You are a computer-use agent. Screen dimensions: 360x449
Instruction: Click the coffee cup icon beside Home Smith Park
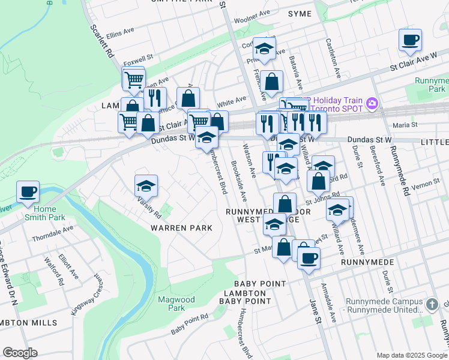[x=28, y=192]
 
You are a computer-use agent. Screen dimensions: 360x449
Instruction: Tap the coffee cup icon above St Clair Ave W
[x=410, y=40]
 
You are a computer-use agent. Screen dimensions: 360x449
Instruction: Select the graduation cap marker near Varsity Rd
[x=146, y=186]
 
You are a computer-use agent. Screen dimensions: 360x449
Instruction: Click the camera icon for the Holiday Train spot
[x=372, y=103]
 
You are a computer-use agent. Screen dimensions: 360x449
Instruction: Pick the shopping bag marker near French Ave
[x=272, y=82]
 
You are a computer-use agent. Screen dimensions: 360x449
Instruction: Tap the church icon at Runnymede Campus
[x=432, y=305]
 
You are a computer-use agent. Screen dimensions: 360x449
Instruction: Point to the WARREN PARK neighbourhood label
[x=181, y=228]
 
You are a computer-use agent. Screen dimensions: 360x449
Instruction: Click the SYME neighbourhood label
[x=300, y=14]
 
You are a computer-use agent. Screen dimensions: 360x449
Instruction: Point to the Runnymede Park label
[x=431, y=84]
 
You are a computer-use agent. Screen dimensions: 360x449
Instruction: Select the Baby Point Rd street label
[x=189, y=324]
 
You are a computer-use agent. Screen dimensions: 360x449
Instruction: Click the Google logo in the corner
[x=20, y=353]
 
